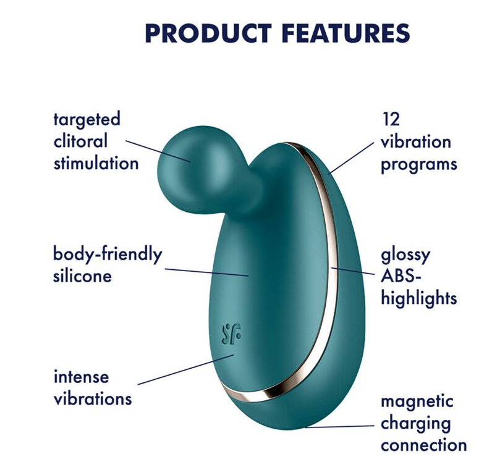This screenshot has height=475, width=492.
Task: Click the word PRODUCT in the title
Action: point(208,33)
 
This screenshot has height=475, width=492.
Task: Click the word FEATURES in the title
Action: point(346,33)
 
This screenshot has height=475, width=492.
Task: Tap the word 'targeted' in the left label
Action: point(87,120)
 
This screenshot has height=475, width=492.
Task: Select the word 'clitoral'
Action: point(80,141)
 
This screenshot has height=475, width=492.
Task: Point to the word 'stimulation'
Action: point(96,163)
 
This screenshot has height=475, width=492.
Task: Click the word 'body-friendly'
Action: point(108,255)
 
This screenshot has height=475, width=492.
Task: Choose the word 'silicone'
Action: point(82,276)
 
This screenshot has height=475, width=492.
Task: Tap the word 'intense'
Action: point(81,376)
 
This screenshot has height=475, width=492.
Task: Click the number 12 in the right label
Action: point(391,119)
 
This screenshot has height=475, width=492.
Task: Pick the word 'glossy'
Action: point(405,256)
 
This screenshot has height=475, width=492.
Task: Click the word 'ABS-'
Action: point(401,276)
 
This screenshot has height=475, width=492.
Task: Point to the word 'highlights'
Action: point(419,298)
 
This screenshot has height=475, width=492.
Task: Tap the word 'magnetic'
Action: point(417,402)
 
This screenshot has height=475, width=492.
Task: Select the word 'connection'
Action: point(424,445)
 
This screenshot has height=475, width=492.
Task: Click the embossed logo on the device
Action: point(232,334)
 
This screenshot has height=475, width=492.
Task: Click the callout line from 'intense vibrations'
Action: point(186,369)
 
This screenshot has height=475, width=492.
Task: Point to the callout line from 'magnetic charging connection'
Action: point(339,426)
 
